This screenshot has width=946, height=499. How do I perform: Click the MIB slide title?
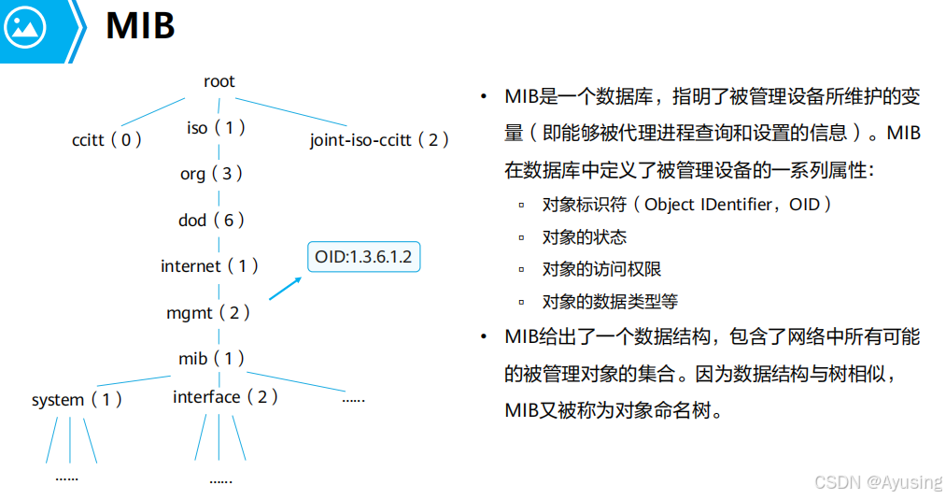(x=140, y=26)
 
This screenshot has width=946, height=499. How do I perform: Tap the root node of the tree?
(x=219, y=81)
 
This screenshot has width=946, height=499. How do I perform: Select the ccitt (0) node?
(x=106, y=140)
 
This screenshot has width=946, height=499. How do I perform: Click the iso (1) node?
(x=216, y=127)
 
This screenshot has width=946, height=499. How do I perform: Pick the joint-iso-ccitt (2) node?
(x=379, y=140)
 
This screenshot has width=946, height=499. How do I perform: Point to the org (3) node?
(x=211, y=173)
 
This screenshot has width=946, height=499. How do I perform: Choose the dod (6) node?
(x=211, y=220)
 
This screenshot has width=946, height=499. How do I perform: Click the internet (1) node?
(x=209, y=266)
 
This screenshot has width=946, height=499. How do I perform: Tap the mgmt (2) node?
(x=208, y=313)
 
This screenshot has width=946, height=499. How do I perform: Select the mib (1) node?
(x=211, y=358)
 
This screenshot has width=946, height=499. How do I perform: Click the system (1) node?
(x=77, y=400)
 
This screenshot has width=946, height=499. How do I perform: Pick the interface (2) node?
(x=225, y=397)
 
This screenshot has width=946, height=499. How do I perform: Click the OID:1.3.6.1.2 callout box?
(x=363, y=257)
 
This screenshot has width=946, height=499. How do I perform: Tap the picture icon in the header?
(x=25, y=28)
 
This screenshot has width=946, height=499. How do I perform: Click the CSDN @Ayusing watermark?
(x=878, y=482)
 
